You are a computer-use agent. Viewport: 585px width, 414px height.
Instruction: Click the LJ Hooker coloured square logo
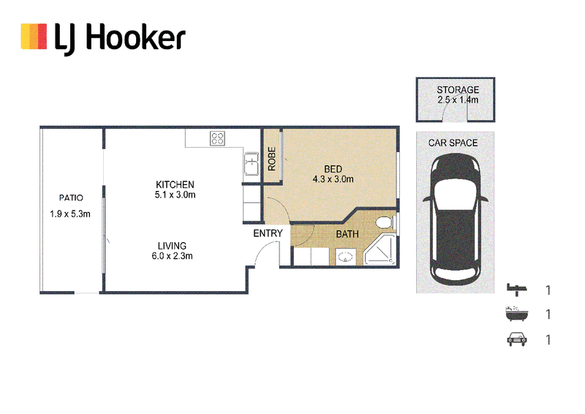point(34,37)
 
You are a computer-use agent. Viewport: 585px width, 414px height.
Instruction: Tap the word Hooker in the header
point(135,37)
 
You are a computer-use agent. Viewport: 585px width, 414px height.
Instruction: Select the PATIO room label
point(71,197)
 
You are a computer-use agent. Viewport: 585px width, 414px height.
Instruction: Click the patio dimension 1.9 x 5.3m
point(70,214)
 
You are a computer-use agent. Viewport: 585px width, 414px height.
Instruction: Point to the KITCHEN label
point(175,184)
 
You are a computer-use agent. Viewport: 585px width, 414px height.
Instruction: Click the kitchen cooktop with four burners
point(217,138)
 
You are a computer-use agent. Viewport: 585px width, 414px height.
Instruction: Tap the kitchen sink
point(252,164)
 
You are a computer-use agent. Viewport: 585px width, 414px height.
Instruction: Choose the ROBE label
point(271,159)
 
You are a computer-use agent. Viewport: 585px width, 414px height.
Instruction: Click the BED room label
point(333,169)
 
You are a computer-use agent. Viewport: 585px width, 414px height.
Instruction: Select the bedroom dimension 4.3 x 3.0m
point(333,179)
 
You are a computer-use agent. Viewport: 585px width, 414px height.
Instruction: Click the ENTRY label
point(268,233)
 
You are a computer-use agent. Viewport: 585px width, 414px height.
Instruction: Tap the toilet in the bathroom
point(385,223)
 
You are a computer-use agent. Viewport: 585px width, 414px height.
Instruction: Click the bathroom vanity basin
point(344,257)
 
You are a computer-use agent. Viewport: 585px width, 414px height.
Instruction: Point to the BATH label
point(347,234)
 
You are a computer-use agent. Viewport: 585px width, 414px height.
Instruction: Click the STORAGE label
point(458,89)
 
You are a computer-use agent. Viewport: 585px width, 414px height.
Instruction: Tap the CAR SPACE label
point(453,143)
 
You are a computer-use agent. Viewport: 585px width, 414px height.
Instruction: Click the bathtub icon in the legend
point(517,314)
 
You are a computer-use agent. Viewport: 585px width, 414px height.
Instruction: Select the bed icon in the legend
point(517,290)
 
